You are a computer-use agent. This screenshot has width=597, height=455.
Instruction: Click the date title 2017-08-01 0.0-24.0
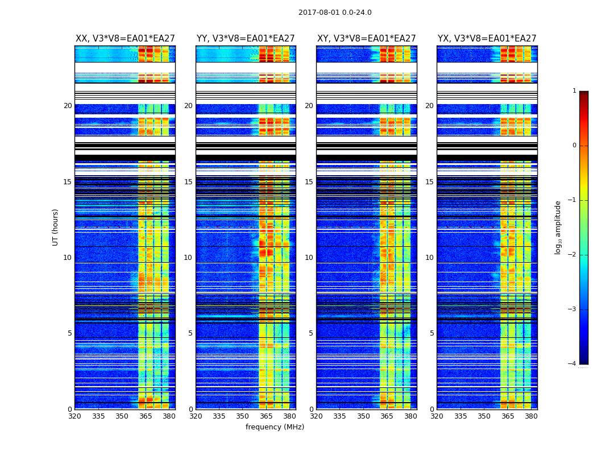(x=335, y=13)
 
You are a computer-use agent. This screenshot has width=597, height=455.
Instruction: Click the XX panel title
(x=125, y=39)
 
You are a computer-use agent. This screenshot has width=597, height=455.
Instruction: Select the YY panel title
(x=246, y=39)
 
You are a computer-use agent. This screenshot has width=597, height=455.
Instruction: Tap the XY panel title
(x=366, y=39)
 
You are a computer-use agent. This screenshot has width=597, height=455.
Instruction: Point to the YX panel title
(x=487, y=39)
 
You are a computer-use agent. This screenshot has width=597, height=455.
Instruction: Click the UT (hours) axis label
(x=56, y=227)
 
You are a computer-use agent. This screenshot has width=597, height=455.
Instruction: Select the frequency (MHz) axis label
(x=275, y=427)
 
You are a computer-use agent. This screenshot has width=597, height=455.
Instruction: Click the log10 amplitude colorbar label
(x=558, y=227)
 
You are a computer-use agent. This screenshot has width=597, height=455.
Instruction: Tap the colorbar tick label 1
(x=574, y=91)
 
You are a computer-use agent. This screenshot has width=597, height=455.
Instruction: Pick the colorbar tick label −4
(x=573, y=364)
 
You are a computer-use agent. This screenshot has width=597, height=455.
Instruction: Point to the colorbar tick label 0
(x=574, y=146)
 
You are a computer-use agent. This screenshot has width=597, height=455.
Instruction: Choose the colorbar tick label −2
(x=573, y=255)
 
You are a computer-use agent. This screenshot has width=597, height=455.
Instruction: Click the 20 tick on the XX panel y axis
(x=68, y=106)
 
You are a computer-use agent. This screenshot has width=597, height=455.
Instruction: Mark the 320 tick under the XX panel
(x=74, y=416)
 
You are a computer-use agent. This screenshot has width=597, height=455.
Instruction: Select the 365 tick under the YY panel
(x=266, y=416)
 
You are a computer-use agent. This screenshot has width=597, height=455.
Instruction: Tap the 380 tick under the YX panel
(x=531, y=416)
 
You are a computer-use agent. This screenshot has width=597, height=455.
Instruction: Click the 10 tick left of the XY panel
(x=309, y=258)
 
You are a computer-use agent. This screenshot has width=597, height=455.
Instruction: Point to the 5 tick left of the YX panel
(x=432, y=333)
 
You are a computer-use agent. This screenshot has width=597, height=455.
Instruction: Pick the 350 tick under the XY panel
(x=363, y=416)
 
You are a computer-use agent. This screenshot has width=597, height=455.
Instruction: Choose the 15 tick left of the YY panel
(x=188, y=182)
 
